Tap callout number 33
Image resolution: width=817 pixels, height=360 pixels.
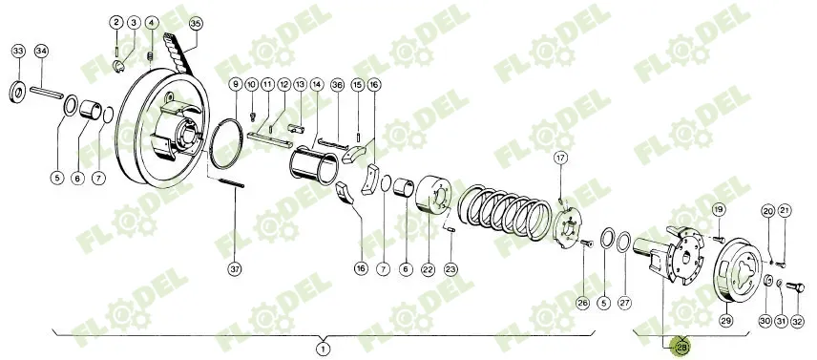[18, 50]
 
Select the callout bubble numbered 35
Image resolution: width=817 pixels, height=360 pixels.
[196, 22]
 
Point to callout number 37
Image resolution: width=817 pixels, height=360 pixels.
[235, 268]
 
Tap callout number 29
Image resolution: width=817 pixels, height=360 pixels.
[726, 320]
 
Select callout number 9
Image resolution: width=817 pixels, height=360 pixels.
[235, 85]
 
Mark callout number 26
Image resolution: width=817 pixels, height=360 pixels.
[582, 303]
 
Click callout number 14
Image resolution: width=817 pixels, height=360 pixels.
[316, 84]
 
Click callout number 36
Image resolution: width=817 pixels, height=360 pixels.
[337, 84]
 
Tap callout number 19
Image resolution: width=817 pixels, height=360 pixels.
[719, 209]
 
